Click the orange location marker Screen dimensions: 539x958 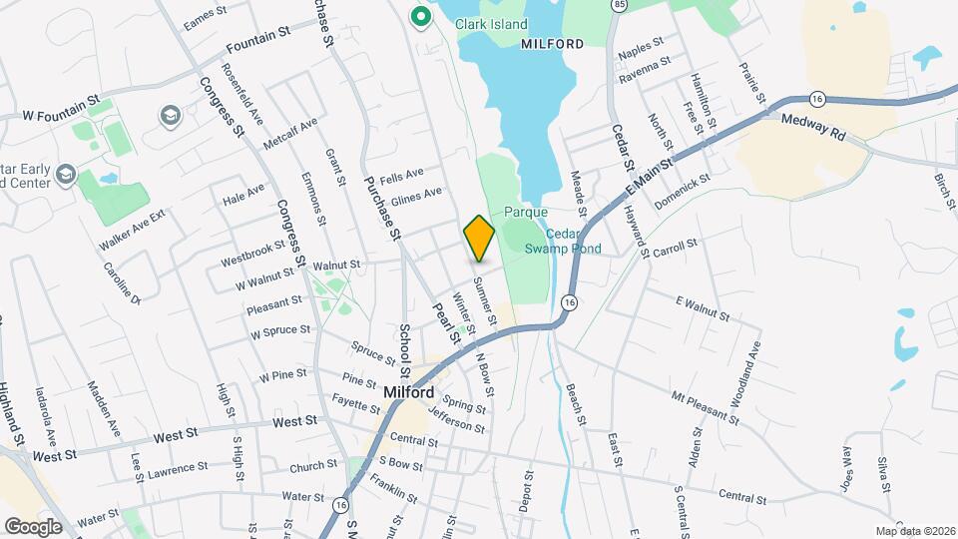pos(479,239)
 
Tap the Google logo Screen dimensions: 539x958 pos(33,526)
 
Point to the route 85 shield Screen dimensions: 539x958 pos(621,6)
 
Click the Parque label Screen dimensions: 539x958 pos(526,212)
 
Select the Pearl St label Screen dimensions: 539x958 pos(445,323)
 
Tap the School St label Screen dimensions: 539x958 pos(405,347)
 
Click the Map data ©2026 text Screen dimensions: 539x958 pos(913,530)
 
